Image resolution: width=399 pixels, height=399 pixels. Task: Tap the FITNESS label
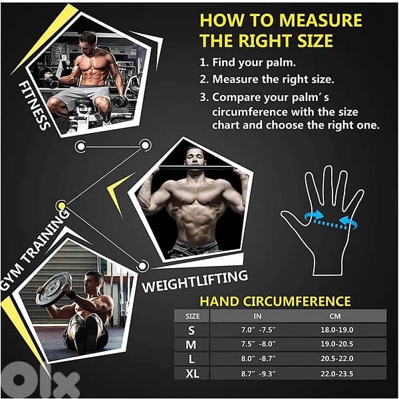(34, 106)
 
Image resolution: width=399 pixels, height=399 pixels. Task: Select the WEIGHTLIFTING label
(195, 281)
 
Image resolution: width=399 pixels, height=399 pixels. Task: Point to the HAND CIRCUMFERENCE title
(275, 301)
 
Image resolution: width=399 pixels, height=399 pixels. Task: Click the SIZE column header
(193, 316)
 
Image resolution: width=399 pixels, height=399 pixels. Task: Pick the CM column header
(335, 316)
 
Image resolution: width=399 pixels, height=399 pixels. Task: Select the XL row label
(192, 374)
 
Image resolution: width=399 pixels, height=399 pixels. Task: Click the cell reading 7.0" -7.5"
(258, 330)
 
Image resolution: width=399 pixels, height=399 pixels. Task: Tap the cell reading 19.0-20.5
(337, 344)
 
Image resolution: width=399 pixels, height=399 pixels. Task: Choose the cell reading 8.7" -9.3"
(258, 374)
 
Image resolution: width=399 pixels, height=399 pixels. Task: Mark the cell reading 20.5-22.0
(337, 358)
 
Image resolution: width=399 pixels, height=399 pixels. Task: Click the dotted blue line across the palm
(330, 224)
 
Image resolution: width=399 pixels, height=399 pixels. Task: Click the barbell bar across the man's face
(196, 168)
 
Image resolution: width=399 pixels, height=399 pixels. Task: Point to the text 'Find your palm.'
(254, 63)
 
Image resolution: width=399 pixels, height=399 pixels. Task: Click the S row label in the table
(192, 331)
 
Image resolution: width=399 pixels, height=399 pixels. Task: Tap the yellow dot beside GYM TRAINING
(61, 205)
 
